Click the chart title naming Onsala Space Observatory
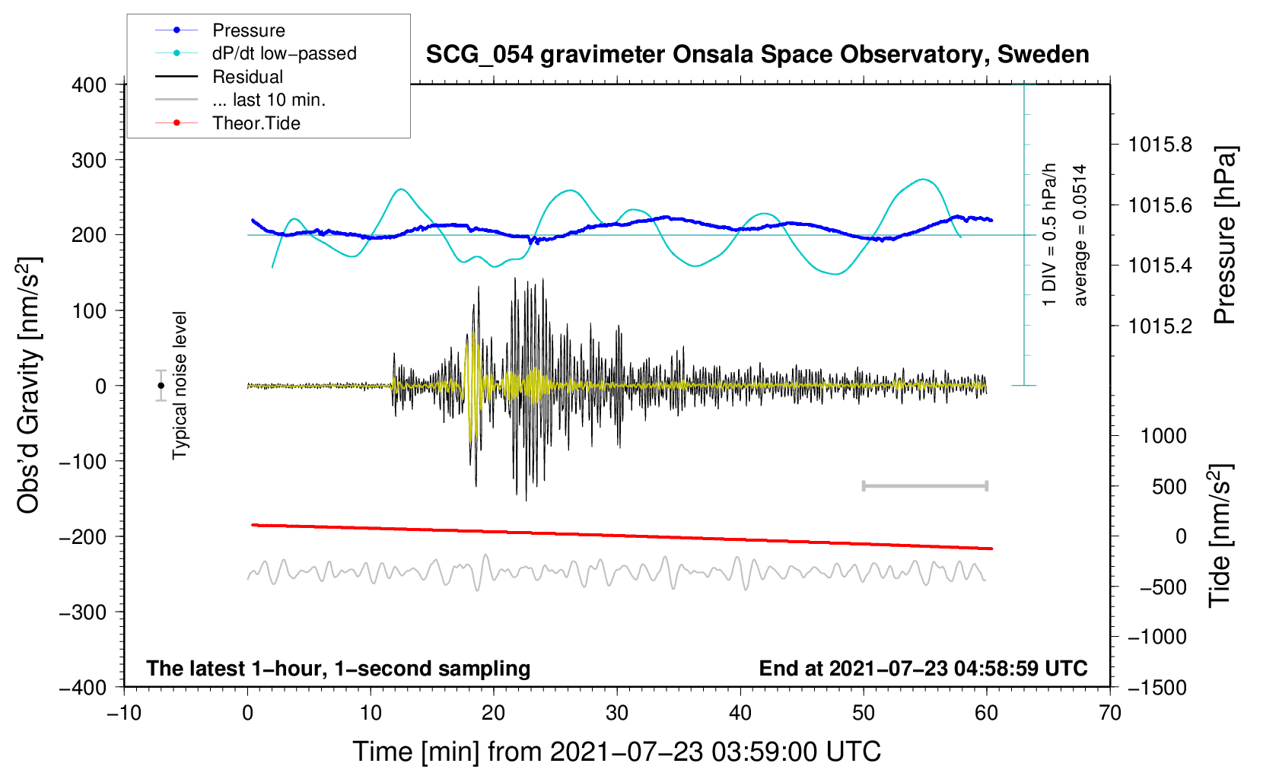(757, 56)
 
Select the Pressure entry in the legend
(249, 30)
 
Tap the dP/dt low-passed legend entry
(285, 53)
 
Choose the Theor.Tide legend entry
(256, 123)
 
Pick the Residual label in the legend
(247, 77)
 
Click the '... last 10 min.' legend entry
(269, 100)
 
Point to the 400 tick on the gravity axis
(89, 85)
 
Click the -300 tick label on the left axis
(83, 612)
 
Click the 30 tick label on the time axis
(617, 714)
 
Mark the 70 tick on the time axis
(1109, 714)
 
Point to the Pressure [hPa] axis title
(1225, 235)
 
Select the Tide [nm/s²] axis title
(1221, 536)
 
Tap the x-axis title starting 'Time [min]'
(617, 752)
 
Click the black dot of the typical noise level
(161, 386)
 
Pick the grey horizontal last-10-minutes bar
(925, 485)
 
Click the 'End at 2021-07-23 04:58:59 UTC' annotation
(923, 668)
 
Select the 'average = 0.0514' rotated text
(1080, 235)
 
